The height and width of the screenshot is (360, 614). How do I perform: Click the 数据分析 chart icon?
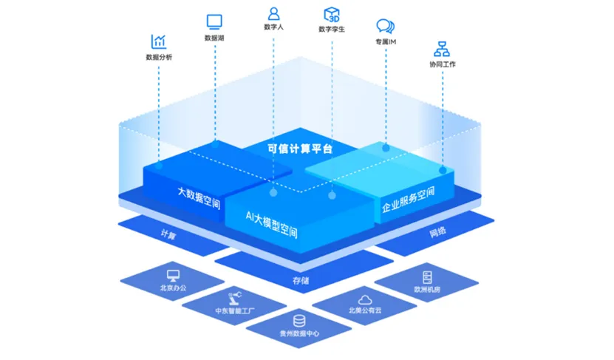pos(159,41)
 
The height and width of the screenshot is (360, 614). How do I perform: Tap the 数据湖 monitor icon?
pos(214,21)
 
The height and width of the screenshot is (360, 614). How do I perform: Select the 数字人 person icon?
pos(274,13)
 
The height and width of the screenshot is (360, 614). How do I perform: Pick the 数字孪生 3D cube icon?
pos(332,14)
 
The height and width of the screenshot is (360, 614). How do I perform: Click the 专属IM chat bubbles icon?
pos(386,27)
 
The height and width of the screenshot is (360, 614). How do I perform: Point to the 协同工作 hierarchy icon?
pos(443,49)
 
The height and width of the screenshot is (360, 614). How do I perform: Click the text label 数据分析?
pos(159,57)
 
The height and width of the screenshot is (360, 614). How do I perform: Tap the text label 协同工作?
pos(443,64)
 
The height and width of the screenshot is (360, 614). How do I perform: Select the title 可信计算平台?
pos(300,149)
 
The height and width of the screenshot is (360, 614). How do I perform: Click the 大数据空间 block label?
pos(199,197)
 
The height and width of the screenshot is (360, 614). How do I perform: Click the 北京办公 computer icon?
pos(172,268)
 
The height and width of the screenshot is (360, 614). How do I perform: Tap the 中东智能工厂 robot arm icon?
pos(236,296)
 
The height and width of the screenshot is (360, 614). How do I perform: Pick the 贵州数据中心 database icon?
pos(299,320)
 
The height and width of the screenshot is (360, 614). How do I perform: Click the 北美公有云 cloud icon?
pos(364,299)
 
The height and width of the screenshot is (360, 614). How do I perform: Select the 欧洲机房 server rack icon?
pos(426,276)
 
